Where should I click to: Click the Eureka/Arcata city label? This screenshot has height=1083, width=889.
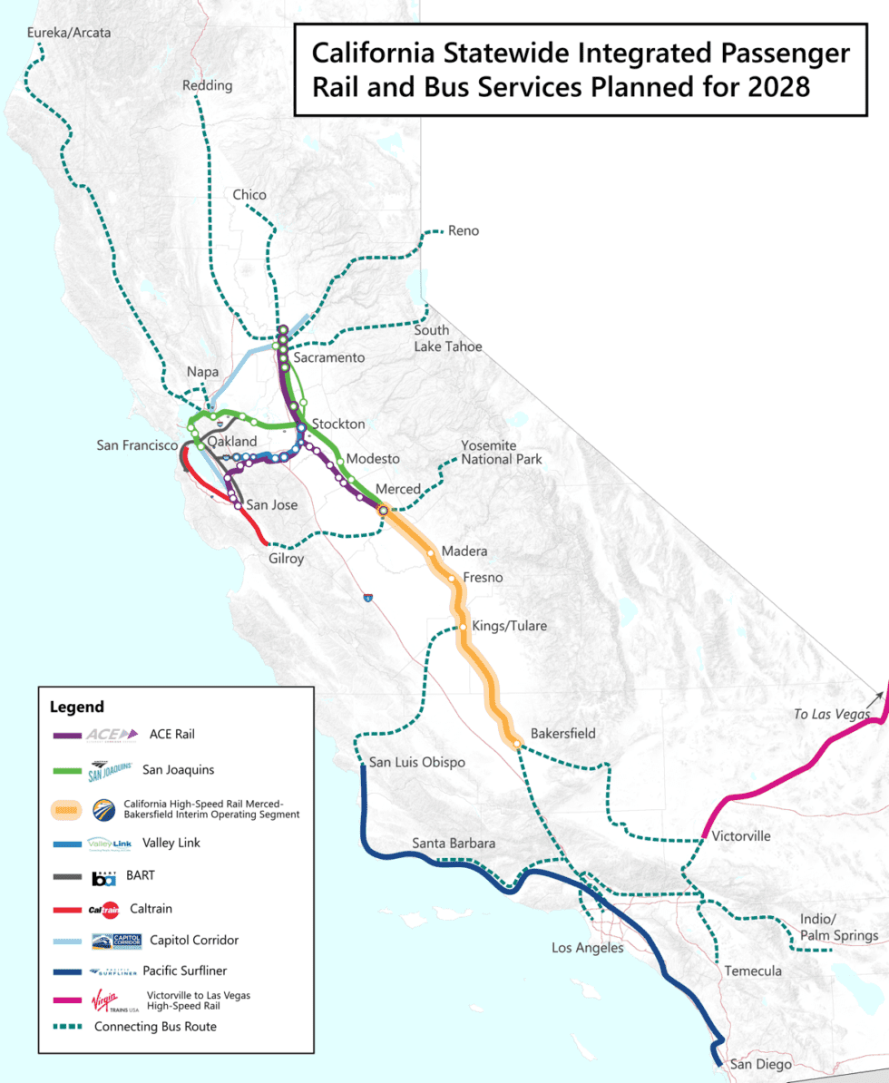(x=69, y=33)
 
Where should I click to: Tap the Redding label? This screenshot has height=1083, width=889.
(x=207, y=85)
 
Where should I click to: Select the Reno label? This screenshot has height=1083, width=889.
(x=463, y=230)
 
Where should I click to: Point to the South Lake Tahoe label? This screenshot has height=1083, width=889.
(x=448, y=338)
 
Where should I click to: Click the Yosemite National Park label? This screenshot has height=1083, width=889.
(x=501, y=453)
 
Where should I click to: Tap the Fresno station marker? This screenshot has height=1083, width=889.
(x=451, y=578)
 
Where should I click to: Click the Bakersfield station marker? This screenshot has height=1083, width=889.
(x=516, y=745)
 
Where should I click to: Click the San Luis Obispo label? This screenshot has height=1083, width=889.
(x=416, y=762)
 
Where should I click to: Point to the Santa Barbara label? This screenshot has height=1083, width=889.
(x=454, y=843)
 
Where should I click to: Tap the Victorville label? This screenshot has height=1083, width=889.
(x=741, y=835)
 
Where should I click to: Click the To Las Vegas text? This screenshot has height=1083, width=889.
(x=831, y=714)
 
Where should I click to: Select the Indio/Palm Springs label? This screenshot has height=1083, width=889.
(x=838, y=927)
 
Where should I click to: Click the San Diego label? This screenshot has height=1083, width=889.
(x=761, y=1064)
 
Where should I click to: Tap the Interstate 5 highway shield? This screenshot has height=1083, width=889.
(x=367, y=598)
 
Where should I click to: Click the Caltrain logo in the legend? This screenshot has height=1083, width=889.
(x=103, y=909)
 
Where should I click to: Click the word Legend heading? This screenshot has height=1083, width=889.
(x=77, y=707)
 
